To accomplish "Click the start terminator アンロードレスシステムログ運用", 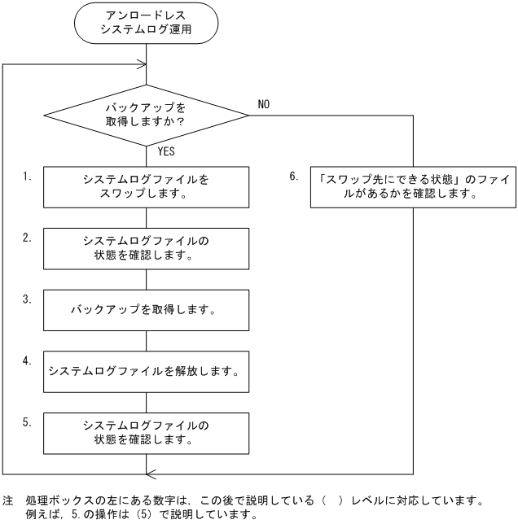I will point(146,24).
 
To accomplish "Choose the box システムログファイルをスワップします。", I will point(146,187).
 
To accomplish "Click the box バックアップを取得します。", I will point(146,311).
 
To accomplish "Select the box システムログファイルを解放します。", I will point(146,372).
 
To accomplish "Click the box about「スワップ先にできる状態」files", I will point(414,187).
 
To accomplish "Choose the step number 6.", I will point(294,176).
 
